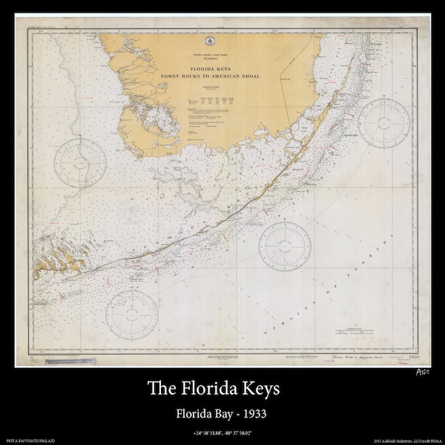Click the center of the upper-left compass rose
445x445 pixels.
(x=79, y=162)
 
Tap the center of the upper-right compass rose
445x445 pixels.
(x=384, y=122)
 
